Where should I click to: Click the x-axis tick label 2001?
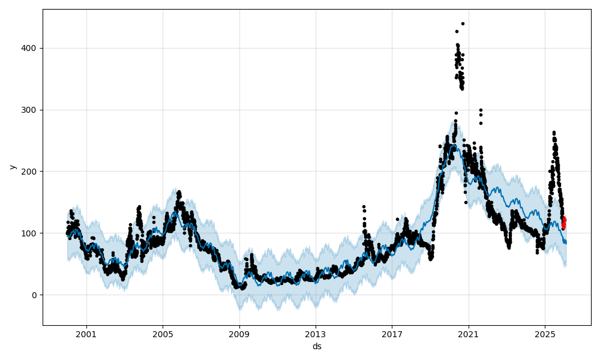point(86,334)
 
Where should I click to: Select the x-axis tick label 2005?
point(163,334)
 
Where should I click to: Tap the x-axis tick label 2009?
point(239,334)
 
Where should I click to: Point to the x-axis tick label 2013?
point(316,334)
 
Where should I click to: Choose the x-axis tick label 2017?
point(392,334)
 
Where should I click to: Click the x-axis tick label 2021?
point(468,334)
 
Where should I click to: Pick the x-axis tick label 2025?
point(545,334)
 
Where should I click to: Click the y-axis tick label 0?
point(34,295)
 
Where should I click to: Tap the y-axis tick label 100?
point(30,233)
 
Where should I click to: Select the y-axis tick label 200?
point(30,172)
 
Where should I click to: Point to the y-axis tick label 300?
point(30,110)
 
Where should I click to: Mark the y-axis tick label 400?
point(30,48)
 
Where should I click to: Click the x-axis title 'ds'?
point(317,346)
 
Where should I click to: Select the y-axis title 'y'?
point(11,167)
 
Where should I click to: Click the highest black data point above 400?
point(463,23)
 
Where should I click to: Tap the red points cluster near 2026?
point(563,223)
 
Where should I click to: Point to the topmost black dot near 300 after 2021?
point(481,110)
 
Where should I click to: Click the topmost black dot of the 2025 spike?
point(554,133)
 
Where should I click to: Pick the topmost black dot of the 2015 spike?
point(364,206)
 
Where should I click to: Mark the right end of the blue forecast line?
point(565,243)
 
